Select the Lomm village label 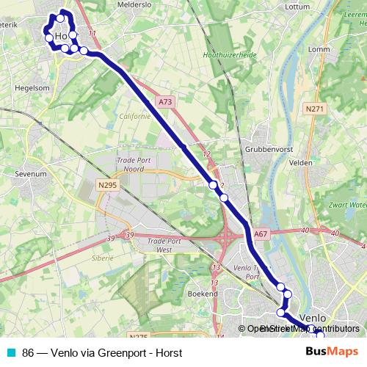pos(320,50)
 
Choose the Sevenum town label pos(29,175)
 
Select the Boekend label pos(203,293)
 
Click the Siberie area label pos(103,258)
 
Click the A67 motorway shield pos(261,234)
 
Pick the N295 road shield pos(106,186)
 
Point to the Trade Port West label pos(164,245)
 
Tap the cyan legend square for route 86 pos(11,353)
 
